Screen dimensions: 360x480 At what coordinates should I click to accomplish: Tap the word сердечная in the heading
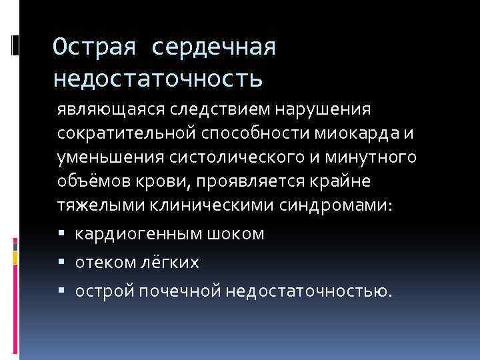click(214, 48)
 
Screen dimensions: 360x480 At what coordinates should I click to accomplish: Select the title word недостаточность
click(158, 79)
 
